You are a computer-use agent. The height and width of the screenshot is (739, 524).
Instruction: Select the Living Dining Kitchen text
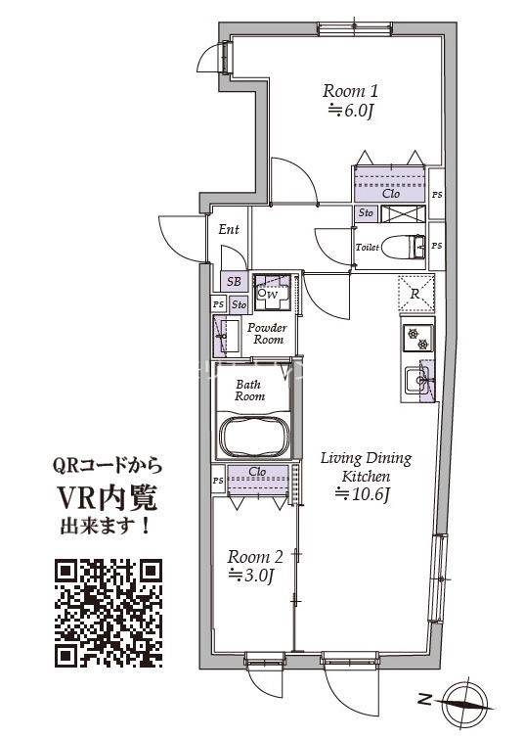(x=367, y=466)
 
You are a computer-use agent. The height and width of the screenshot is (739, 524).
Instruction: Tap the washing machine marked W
(x=270, y=292)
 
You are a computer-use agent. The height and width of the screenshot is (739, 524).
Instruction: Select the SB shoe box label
(x=234, y=282)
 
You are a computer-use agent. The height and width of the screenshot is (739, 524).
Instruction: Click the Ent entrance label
(x=229, y=230)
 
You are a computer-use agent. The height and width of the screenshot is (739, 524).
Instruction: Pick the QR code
(x=108, y=613)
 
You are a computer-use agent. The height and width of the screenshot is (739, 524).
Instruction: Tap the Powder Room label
(x=266, y=334)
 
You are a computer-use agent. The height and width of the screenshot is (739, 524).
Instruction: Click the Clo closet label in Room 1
(x=390, y=193)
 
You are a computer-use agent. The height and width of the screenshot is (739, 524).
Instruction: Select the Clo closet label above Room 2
(x=257, y=472)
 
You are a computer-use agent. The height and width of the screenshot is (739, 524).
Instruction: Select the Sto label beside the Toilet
(x=366, y=212)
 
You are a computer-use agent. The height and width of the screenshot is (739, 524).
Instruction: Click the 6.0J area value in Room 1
(x=351, y=111)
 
